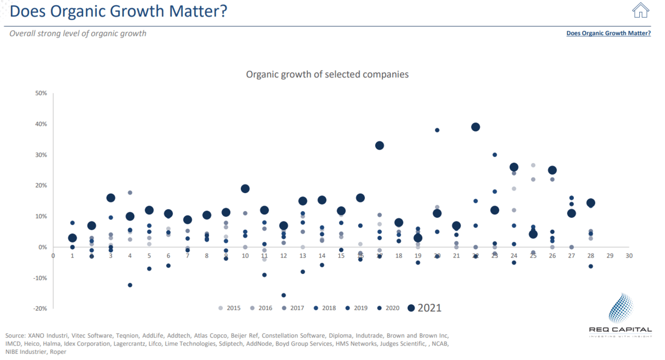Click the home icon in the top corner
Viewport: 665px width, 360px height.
(x=640, y=10)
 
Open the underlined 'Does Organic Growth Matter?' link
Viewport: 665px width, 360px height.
(x=608, y=33)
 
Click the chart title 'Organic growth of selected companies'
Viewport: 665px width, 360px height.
(x=327, y=75)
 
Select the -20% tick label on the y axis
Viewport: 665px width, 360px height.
(x=40, y=308)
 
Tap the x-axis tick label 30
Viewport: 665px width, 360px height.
(x=628, y=255)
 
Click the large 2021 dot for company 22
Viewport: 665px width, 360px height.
(x=476, y=127)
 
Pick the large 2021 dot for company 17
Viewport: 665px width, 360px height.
(x=379, y=146)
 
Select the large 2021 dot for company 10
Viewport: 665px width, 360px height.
(x=245, y=189)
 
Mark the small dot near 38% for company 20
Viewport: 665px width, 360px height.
(x=437, y=130)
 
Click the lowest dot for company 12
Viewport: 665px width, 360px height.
(x=284, y=295)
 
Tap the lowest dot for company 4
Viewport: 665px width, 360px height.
(x=130, y=285)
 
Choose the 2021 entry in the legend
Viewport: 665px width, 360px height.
(x=425, y=308)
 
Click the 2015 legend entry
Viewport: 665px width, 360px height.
(x=230, y=308)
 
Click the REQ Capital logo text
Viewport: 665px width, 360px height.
(x=620, y=330)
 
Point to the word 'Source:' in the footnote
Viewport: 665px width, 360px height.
(x=16, y=335)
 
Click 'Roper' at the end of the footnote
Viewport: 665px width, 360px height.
(x=58, y=352)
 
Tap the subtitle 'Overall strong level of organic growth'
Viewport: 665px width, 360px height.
(x=78, y=33)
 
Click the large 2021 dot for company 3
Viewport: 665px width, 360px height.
(x=111, y=198)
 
